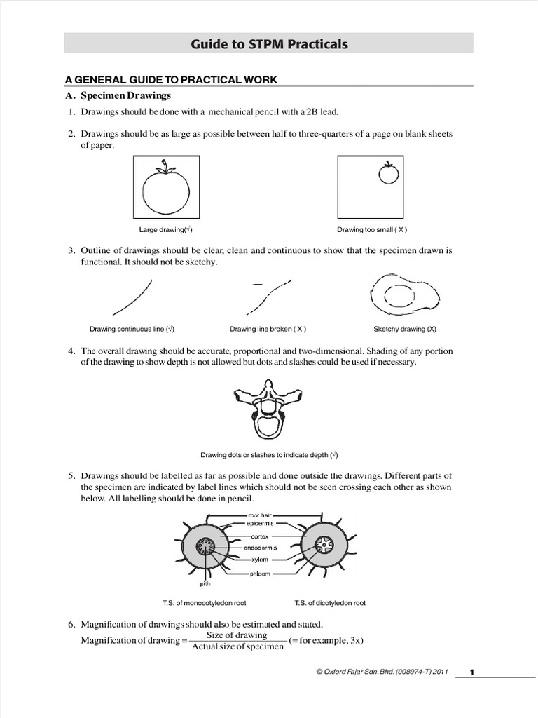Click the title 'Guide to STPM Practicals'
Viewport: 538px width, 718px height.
[x=269, y=44]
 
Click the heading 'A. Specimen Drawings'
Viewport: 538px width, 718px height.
[x=126, y=95]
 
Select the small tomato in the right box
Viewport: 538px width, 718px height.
[x=388, y=172]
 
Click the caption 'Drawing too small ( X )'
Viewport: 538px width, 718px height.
[x=372, y=229]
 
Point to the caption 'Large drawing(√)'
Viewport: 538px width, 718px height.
[x=166, y=229]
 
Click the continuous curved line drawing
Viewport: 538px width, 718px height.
[x=132, y=297]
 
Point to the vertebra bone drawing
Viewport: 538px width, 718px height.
[x=268, y=407]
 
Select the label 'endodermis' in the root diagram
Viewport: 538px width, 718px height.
[x=261, y=548]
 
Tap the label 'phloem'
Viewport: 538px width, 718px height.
[x=259, y=573]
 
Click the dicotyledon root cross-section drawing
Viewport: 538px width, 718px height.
[x=326, y=544]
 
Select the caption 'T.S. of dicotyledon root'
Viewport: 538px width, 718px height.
[x=330, y=603]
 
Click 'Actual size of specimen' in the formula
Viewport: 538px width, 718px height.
[x=237, y=646]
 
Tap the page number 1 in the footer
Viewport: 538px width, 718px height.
[x=472, y=672]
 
